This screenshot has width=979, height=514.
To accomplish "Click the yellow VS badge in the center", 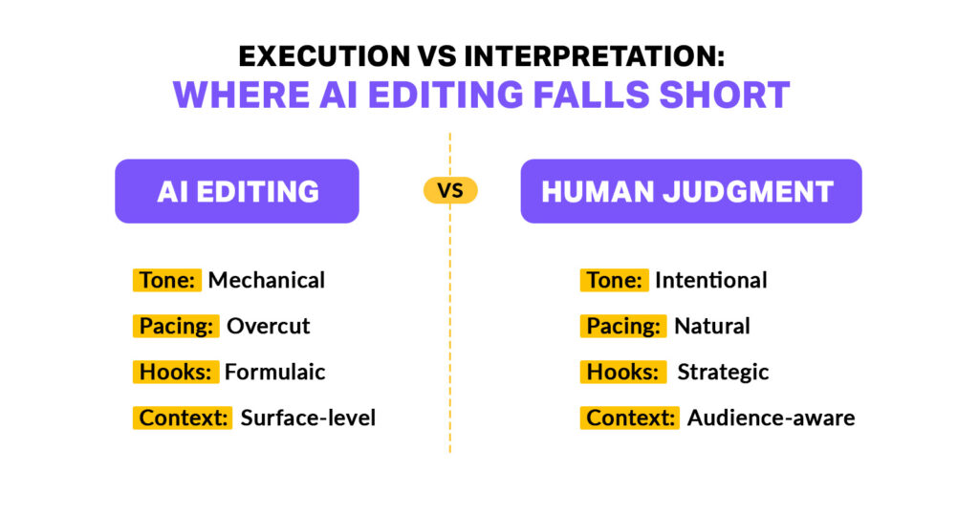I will point(449,190).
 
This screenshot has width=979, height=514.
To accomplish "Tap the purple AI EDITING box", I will point(237,191).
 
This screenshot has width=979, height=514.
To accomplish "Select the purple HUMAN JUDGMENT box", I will point(690,191).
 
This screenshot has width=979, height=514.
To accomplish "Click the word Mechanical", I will point(267,280).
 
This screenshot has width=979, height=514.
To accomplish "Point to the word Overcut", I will point(269,326).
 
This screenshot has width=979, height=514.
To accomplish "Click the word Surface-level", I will point(308,418).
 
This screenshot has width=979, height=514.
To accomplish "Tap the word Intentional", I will point(711,280).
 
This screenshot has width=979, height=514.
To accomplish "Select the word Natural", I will point(712,326).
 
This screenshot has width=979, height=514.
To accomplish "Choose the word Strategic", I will point(723,372).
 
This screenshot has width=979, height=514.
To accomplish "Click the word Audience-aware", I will point(771,418).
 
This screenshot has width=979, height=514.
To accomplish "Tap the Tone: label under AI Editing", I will point(167,280).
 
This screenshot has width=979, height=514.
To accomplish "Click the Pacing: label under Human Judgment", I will point(623,326).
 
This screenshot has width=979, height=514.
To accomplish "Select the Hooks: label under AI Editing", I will point(176,372).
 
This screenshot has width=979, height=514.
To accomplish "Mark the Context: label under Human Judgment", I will point(630,418).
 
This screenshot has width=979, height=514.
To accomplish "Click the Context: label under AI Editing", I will point(183,418).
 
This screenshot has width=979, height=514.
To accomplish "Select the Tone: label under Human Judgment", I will point(614,280).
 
